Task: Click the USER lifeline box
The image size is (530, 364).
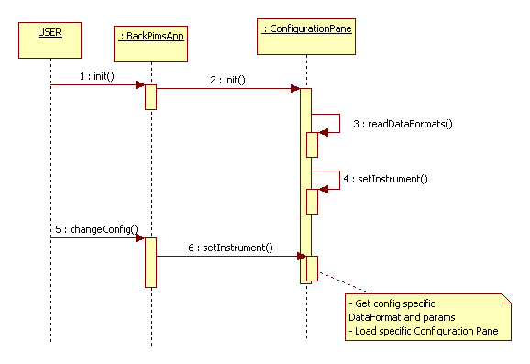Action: tap(50, 35)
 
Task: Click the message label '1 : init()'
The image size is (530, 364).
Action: tap(96, 74)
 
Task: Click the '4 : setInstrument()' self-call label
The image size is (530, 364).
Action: tap(385, 178)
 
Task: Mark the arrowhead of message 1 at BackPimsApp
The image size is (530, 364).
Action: tap(140, 85)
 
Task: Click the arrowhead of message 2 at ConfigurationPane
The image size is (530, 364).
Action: tap(295, 89)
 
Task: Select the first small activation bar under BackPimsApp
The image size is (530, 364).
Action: tap(149, 96)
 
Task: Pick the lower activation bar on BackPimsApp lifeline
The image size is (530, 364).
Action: tap(149, 262)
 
